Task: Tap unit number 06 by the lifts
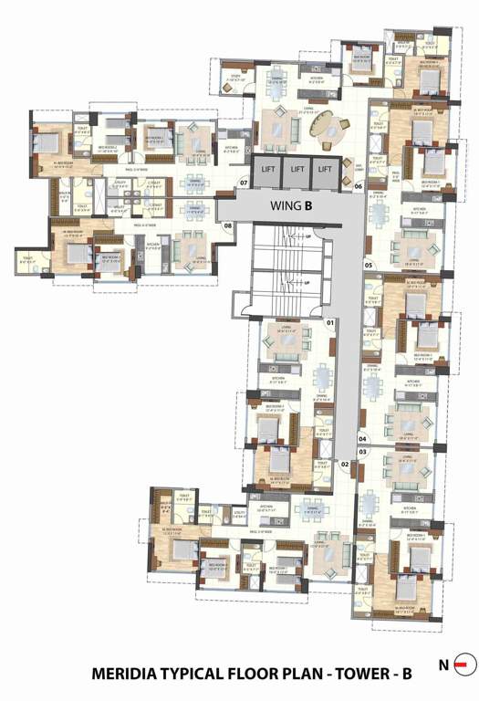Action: pos(359,186)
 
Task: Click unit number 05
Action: pos(369,266)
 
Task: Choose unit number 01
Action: pos(330,323)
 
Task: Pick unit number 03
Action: pos(362,452)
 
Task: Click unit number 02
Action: pos(345,464)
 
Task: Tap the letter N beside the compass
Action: pos(443,664)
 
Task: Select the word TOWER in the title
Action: pos(350,675)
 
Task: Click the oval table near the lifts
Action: pos(327,131)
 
